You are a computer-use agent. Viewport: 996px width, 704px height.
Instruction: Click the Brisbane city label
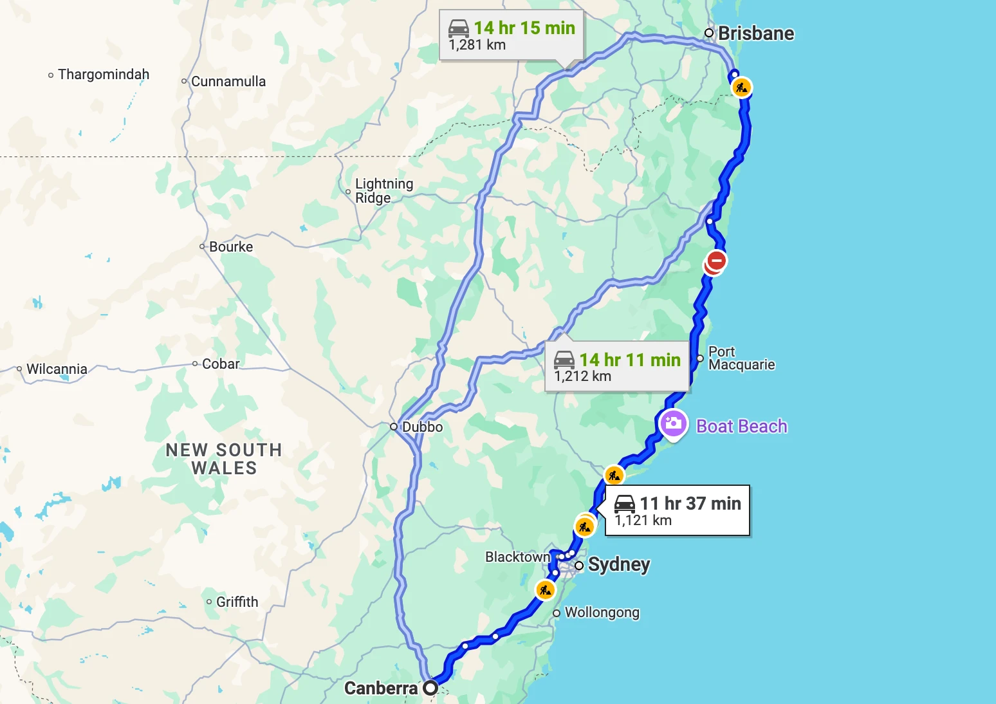click(x=755, y=33)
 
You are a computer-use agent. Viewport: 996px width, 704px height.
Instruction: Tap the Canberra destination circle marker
click(x=430, y=688)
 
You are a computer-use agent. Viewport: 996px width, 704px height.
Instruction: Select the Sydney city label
click(x=618, y=564)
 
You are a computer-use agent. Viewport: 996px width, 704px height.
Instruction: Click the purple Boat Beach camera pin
click(x=673, y=423)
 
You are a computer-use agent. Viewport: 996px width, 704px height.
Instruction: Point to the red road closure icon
click(x=716, y=261)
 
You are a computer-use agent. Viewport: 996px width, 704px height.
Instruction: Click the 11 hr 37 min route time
click(x=690, y=503)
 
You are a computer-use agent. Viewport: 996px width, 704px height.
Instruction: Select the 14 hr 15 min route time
click(x=524, y=28)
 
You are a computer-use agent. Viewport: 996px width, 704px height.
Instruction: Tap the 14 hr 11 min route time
click(x=629, y=360)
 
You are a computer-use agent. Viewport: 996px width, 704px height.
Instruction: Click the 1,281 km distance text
click(x=477, y=45)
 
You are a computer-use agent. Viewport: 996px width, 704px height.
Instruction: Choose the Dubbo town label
click(x=422, y=427)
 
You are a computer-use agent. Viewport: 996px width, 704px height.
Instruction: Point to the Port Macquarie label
click(x=741, y=358)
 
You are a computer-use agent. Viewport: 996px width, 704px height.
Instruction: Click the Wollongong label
click(x=602, y=612)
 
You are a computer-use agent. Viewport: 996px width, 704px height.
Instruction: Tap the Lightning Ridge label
click(x=384, y=190)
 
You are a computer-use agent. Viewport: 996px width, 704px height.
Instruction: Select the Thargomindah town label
click(x=103, y=75)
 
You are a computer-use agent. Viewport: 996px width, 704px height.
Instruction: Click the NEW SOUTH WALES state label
click(x=224, y=459)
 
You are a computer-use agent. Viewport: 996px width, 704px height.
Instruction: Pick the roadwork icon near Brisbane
click(x=742, y=88)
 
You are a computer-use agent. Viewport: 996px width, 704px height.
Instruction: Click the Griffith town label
click(x=237, y=602)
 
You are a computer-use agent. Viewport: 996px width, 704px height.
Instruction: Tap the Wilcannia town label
click(x=57, y=369)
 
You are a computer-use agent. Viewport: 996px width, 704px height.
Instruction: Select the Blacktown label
click(x=517, y=557)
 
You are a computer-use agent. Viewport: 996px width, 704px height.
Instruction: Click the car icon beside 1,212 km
click(x=564, y=360)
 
